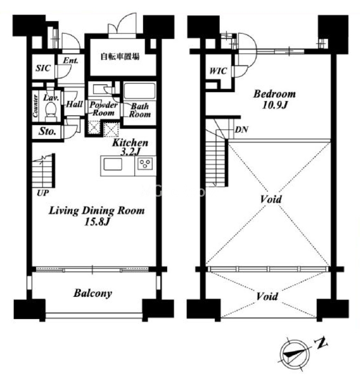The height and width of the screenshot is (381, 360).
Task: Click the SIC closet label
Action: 43,68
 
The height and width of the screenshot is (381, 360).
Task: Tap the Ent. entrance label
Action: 71,60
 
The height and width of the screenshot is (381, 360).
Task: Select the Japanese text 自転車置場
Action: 120,56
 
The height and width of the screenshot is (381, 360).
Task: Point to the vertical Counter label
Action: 36,106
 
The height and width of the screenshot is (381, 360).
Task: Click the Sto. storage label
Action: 47,131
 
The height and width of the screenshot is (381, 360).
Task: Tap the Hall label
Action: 74,104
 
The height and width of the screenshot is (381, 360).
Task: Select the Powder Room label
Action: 104,109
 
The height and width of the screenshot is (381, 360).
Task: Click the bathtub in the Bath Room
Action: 139,91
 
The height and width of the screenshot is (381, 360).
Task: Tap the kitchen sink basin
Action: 113,164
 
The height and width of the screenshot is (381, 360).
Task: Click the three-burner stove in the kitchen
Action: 145,163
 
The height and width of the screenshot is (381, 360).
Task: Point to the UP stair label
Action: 43,193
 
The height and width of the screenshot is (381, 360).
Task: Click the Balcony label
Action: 93,294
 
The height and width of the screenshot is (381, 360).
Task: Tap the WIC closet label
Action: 218,71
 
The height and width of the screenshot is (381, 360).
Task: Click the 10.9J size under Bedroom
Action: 275,105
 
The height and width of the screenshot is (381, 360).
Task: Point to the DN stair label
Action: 242,130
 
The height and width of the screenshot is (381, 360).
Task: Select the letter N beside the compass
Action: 321,343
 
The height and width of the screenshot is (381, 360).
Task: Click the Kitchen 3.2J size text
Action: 130,152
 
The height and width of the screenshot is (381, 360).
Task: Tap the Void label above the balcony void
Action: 267,296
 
